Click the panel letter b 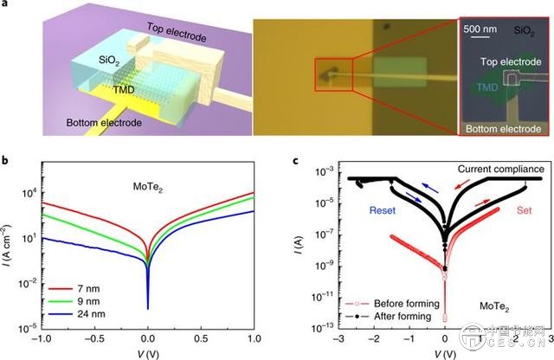point(7,161)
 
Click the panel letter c point(299,161)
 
